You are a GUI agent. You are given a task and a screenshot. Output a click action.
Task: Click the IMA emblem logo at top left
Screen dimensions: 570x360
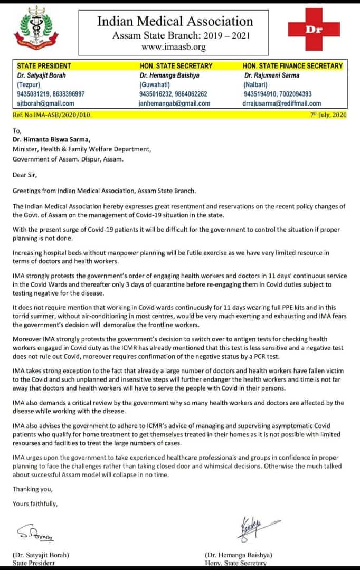pos(40,27)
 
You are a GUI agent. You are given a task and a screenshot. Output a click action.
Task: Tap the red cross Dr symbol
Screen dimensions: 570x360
pos(314,30)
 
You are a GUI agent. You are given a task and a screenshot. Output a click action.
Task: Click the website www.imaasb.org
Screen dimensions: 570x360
pos(174,47)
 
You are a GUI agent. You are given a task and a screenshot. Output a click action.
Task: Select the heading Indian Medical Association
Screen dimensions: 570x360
pos(175,21)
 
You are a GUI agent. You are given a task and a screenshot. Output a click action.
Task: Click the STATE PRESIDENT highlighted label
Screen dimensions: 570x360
pos(44,66)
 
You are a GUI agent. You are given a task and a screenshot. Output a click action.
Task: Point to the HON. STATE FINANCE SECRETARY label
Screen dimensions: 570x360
pos(292,66)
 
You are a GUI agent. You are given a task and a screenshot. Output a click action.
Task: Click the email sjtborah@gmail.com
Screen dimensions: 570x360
pos(45,103)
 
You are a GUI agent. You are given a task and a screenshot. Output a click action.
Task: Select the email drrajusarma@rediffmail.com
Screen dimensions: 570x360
pos(282,103)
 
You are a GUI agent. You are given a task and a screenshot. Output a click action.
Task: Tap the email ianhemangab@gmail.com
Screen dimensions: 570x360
pos(174,103)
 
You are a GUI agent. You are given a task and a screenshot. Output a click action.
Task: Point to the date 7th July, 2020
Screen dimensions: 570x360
pos(328,115)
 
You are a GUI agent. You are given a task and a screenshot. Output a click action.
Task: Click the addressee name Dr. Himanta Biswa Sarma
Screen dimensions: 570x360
pos(52,139)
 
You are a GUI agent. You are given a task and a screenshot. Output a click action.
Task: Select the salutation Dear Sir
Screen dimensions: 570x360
pos(25,172)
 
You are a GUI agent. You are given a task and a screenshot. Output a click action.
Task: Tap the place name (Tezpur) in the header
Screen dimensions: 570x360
pos(29,84)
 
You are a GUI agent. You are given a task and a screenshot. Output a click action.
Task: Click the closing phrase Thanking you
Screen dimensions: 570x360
pos(30,489)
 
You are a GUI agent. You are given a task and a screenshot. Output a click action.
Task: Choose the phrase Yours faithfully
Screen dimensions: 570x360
pos(35,504)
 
